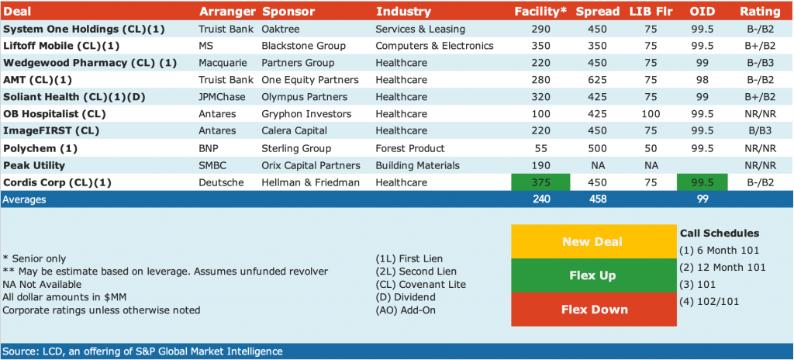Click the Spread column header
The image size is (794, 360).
pyautogui.click(x=597, y=11)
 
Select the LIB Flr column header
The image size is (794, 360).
pyautogui.click(x=651, y=11)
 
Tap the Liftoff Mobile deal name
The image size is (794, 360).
pyautogui.click(x=61, y=46)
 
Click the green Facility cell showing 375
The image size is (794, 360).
pyautogui.click(x=540, y=182)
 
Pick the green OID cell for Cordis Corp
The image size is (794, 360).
pyautogui.click(x=702, y=182)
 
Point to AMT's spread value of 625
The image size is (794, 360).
pyautogui.click(x=597, y=80)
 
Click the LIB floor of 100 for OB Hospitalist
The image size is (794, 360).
pyautogui.click(x=651, y=114)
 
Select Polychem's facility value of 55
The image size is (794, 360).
pyautogui.click(x=540, y=148)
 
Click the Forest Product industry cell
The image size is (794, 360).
pyautogui.click(x=410, y=148)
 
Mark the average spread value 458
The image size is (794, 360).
pyautogui.click(x=597, y=199)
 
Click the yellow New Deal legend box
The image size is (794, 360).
pyautogui.click(x=593, y=241)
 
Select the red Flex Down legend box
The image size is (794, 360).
pyautogui.click(x=593, y=310)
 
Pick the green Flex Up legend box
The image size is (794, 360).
pyautogui.click(x=593, y=275)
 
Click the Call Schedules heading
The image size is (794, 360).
pyautogui.click(x=720, y=234)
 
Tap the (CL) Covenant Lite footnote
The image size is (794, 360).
pyautogui.click(x=418, y=285)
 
